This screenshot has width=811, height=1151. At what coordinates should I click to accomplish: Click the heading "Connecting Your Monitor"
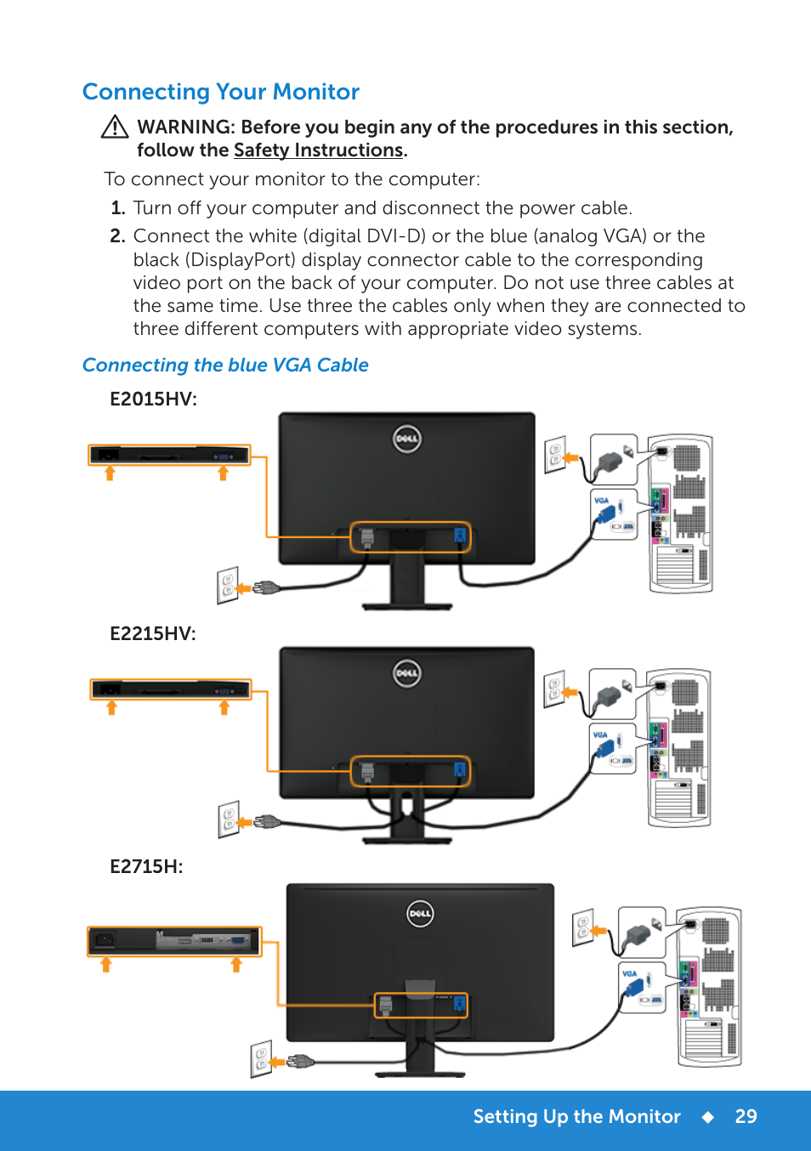click(x=221, y=92)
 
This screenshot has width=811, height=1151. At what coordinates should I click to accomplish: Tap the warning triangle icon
click(x=115, y=128)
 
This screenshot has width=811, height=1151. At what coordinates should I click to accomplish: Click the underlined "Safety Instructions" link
click(x=318, y=150)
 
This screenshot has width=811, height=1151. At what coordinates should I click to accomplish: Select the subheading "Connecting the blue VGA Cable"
click(x=225, y=366)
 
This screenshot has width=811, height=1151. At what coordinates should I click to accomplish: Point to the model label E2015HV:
click(x=153, y=400)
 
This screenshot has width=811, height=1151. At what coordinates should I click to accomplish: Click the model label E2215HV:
click(x=153, y=633)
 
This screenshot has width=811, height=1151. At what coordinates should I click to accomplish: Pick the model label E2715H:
click(x=146, y=867)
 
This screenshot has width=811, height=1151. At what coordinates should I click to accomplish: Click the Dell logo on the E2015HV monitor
click(x=407, y=439)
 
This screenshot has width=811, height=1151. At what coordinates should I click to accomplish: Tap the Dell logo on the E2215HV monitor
click(x=407, y=673)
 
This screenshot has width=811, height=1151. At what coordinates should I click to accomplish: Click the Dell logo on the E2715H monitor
click(x=420, y=914)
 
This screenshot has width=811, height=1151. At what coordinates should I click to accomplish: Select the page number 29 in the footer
click(x=746, y=1117)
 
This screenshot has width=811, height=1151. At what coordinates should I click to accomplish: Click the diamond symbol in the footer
click(x=707, y=1117)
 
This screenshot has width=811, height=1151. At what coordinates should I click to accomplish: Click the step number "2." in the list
click(x=117, y=236)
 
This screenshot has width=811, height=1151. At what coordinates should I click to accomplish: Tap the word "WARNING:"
click(x=186, y=128)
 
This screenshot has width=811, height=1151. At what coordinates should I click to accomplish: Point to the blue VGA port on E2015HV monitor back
click(x=460, y=536)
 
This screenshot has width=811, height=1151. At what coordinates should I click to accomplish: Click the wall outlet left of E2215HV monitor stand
click(x=228, y=819)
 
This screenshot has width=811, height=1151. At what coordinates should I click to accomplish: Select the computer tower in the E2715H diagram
click(x=709, y=986)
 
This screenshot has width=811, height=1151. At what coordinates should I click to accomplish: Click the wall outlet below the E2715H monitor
click(x=261, y=1058)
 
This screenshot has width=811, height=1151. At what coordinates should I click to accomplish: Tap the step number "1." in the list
click(x=118, y=208)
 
